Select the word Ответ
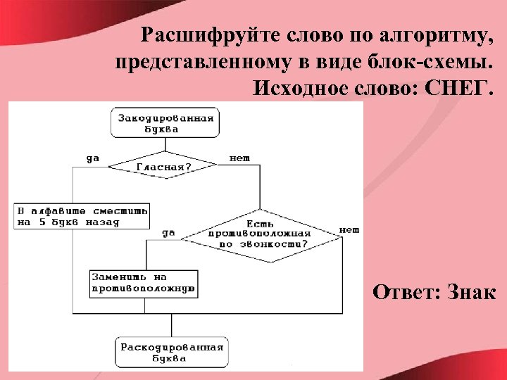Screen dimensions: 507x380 tap(404, 291)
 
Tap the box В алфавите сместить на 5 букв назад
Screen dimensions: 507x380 tap(82, 215)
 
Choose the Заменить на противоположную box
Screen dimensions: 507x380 tap(143, 283)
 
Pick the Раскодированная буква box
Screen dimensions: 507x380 tap(172, 352)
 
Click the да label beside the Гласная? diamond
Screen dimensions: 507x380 tap(93, 158)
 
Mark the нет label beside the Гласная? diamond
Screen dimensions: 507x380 tap(239, 158)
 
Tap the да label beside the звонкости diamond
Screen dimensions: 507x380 tap(169, 233)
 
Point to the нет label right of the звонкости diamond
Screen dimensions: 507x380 tap(349, 229)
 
